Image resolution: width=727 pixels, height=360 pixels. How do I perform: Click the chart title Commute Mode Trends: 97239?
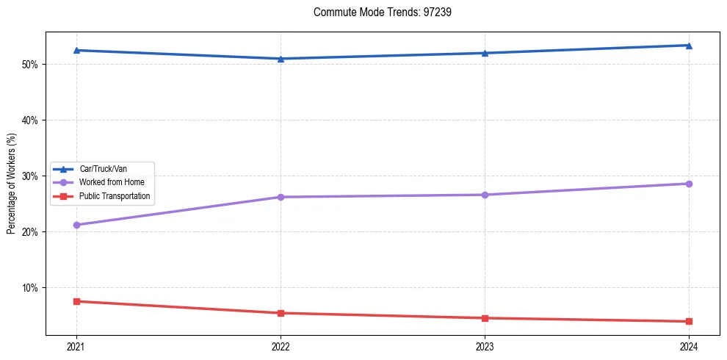(x=377, y=12)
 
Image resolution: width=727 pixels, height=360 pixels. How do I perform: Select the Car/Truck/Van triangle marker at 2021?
(x=76, y=50)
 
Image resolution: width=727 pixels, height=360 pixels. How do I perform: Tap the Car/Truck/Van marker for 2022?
(x=281, y=59)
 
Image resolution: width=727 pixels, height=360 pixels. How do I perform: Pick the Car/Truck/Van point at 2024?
(x=689, y=46)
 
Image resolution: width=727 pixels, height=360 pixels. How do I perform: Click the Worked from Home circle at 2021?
(x=76, y=225)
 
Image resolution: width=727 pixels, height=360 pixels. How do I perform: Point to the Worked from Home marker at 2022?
(x=281, y=197)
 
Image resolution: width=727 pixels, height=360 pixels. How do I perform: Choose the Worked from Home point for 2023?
(x=485, y=195)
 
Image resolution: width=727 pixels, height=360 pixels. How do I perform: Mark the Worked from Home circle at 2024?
(x=689, y=184)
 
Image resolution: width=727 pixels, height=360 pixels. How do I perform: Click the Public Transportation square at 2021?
(x=76, y=301)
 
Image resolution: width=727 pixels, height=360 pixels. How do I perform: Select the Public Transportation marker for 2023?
(x=485, y=318)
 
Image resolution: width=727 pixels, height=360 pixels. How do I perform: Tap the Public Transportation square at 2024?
(x=689, y=321)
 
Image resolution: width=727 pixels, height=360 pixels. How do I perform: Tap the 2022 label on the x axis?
(x=281, y=346)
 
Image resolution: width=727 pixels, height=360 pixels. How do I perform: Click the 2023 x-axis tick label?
(x=485, y=346)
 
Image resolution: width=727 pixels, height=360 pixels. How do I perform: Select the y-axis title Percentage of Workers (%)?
(x=11, y=184)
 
